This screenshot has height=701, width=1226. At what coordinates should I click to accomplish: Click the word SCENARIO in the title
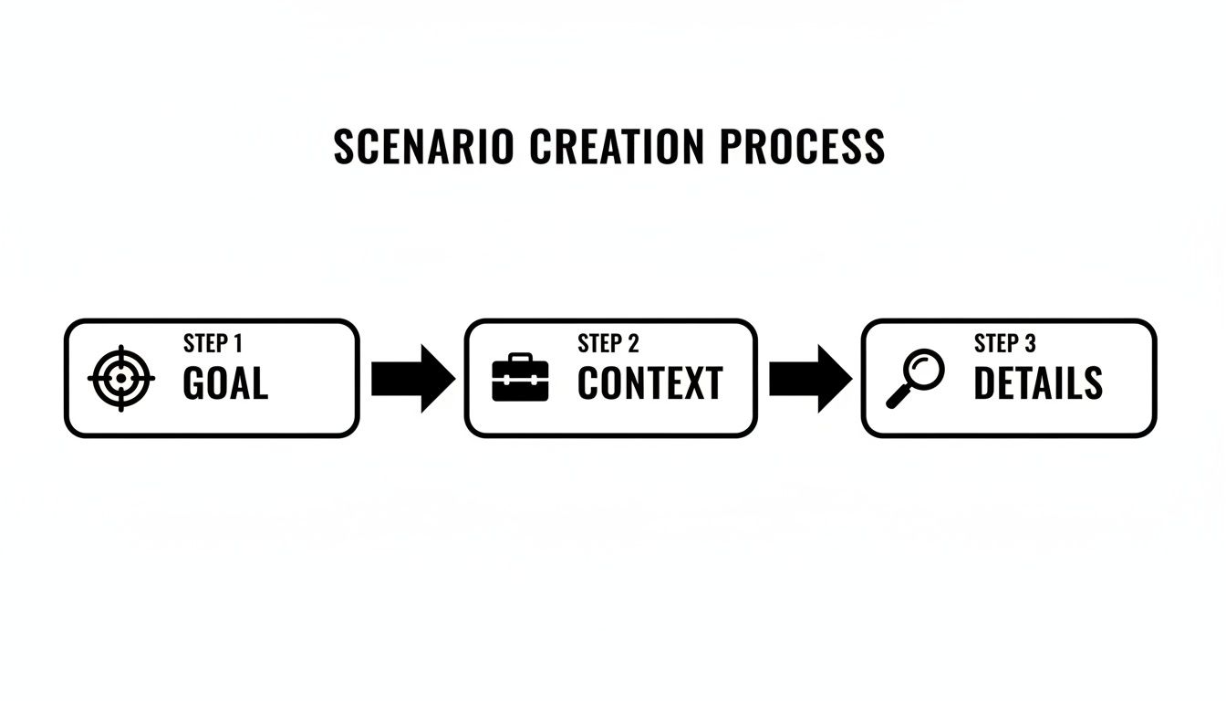point(423,146)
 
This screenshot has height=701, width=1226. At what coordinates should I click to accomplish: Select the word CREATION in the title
point(617,146)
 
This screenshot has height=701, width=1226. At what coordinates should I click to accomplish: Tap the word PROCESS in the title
point(802,146)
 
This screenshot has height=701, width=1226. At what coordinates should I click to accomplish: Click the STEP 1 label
point(213,343)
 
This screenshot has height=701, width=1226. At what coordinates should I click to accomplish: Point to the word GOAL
point(225,382)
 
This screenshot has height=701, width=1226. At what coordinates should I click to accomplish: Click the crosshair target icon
point(121,378)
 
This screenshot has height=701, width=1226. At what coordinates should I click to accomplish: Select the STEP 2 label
point(608,343)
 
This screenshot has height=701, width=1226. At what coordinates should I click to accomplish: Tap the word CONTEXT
point(650,382)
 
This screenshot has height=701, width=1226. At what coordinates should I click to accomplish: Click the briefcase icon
point(520,377)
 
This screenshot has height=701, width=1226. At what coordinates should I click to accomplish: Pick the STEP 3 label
point(1005,343)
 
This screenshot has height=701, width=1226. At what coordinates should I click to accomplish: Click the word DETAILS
point(1038,382)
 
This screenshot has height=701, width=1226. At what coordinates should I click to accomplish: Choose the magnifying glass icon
point(915,379)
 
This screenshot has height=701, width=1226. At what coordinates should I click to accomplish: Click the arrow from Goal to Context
point(413,379)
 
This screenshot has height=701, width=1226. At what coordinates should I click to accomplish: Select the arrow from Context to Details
point(811,379)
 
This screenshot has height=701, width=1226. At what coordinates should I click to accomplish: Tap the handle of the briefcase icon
point(520,357)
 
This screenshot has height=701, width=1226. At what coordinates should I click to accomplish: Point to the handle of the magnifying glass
point(899,396)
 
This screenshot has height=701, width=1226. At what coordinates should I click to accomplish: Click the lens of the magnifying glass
point(923,370)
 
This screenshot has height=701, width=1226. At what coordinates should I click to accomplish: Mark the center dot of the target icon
point(121,378)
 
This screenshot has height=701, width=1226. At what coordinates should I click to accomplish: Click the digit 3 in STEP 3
point(1030,343)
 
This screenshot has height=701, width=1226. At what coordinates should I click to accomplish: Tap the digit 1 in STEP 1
point(237,343)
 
